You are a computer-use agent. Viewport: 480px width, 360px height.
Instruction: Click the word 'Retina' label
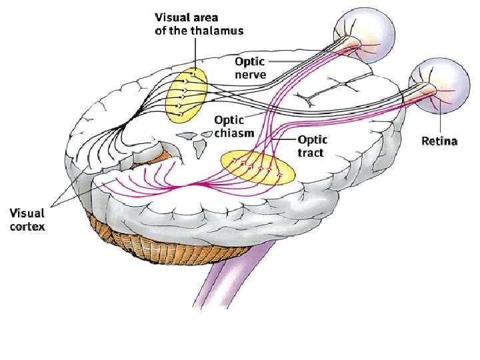click(439, 141)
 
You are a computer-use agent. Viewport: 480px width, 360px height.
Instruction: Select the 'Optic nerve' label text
click(250, 67)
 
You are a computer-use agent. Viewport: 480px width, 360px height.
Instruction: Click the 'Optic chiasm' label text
click(234, 126)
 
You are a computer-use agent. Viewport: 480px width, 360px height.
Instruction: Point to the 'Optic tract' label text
click(311, 146)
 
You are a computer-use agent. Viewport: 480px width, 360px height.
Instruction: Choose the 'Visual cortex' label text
click(27, 219)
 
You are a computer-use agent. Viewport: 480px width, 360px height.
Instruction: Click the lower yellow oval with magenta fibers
click(257, 167)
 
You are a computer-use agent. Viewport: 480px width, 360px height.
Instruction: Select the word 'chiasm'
click(234, 133)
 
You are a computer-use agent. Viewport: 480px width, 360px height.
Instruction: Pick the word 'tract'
click(311, 153)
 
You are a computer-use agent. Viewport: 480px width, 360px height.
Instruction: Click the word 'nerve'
click(250, 73)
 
